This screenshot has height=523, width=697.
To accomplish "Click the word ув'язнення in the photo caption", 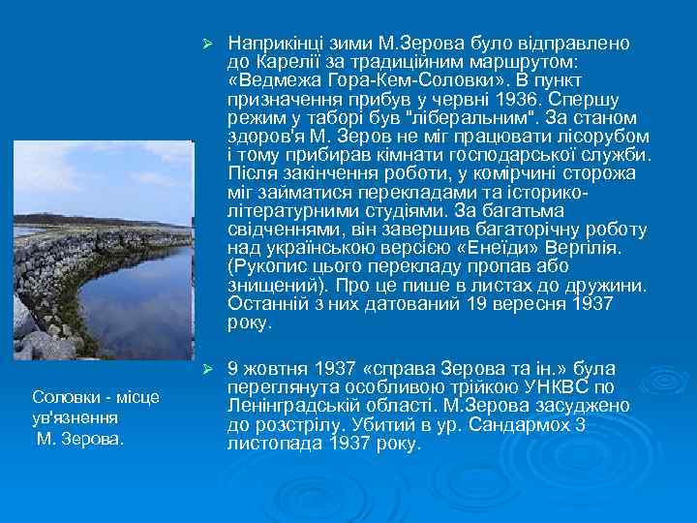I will tap(76, 416).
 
